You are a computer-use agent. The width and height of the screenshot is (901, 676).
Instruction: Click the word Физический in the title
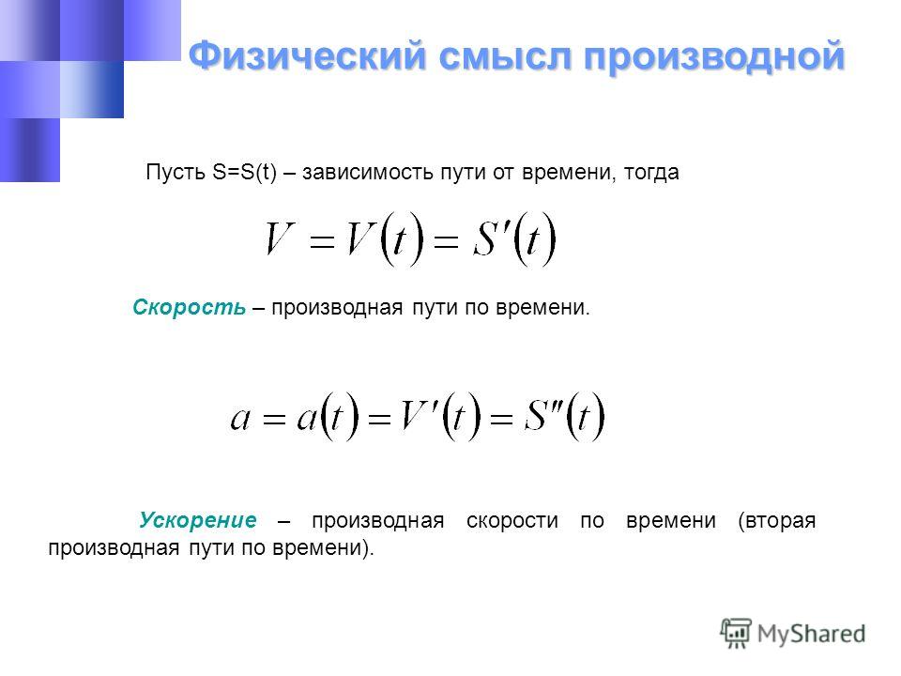point(308,57)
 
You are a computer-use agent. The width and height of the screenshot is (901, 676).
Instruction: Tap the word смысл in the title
point(506,57)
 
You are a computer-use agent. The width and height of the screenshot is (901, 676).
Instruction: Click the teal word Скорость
point(189,308)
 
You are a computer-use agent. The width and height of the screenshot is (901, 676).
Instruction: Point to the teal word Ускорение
point(198,519)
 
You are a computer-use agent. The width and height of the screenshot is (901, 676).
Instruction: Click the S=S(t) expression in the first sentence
point(245,172)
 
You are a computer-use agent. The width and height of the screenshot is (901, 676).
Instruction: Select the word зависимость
point(368,172)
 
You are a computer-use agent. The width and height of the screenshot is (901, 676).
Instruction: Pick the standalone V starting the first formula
point(280,238)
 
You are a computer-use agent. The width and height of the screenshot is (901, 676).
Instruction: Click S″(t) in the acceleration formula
point(565,416)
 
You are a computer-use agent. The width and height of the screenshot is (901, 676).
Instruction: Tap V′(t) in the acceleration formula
point(440,416)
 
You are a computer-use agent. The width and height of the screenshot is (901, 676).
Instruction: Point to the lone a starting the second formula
point(241,419)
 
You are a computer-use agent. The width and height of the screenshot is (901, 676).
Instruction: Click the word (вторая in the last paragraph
point(777,520)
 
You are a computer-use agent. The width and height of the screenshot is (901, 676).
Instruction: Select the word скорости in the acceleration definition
point(512,520)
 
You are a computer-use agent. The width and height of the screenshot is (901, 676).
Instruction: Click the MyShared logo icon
point(736,634)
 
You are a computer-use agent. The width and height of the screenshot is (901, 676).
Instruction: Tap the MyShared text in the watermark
point(811,634)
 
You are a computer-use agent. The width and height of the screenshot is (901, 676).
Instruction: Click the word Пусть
point(176,172)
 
